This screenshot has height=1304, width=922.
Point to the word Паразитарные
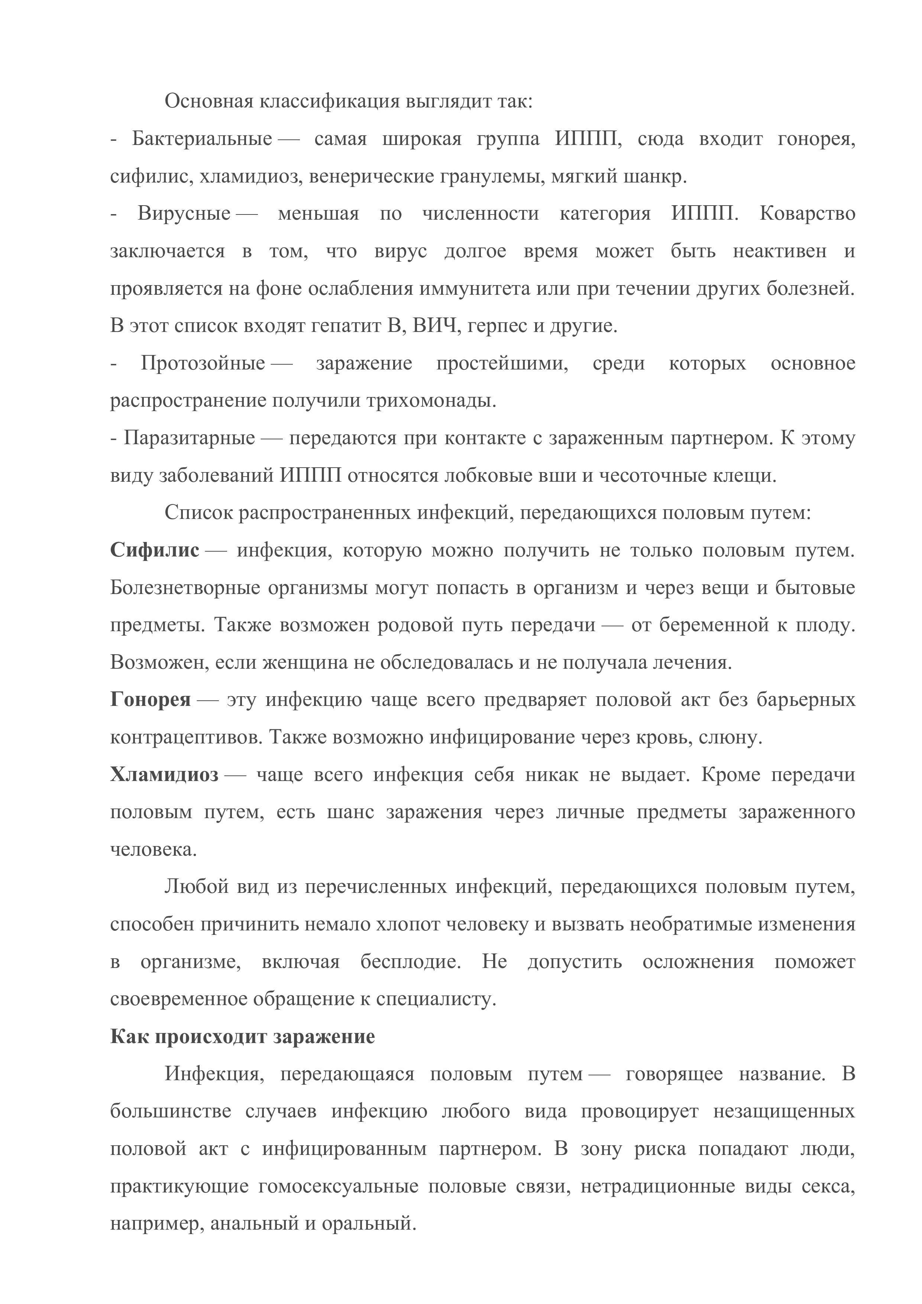189,439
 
